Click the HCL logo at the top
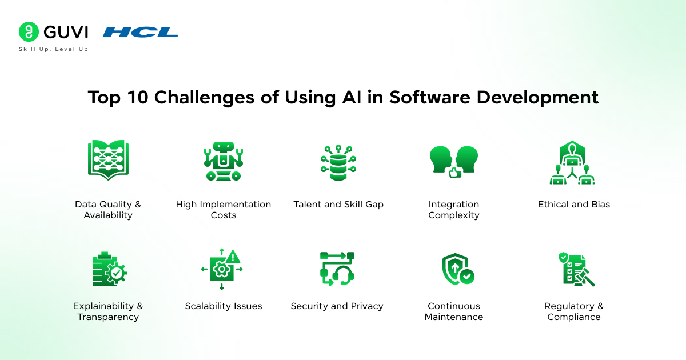tap(140, 32)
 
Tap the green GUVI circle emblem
tap(28, 31)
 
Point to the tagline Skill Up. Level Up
tap(53, 50)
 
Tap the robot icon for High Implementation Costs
tap(223, 161)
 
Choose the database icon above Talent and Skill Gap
tap(338, 162)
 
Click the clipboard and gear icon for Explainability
tap(109, 269)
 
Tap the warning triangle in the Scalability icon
tap(234, 256)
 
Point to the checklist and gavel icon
tap(575, 269)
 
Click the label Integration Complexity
tap(454, 210)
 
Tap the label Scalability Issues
tap(224, 306)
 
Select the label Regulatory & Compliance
tap(573, 311)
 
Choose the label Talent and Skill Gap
tap(338, 204)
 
